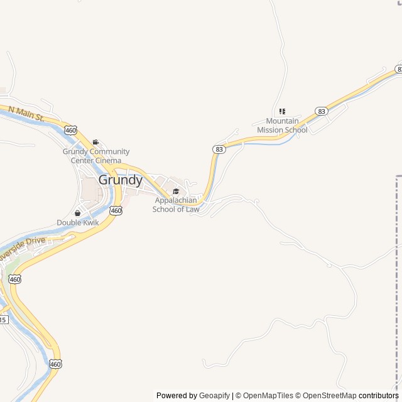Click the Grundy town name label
(121, 180)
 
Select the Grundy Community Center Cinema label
(96, 156)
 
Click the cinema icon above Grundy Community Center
(95, 143)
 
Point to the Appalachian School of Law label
(176, 205)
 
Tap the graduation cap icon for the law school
(176, 192)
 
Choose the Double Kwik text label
(78, 222)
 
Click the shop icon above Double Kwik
(78, 213)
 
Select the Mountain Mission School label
(282, 126)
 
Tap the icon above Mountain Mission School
(282, 111)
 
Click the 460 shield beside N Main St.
(70, 130)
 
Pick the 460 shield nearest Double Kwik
(116, 210)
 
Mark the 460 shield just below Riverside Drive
(14, 279)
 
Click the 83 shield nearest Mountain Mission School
(322, 111)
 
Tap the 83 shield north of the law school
(219, 149)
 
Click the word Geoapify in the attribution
(214, 396)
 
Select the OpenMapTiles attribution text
(268, 396)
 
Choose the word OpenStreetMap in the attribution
(330, 396)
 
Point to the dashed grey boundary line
(397, 283)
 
